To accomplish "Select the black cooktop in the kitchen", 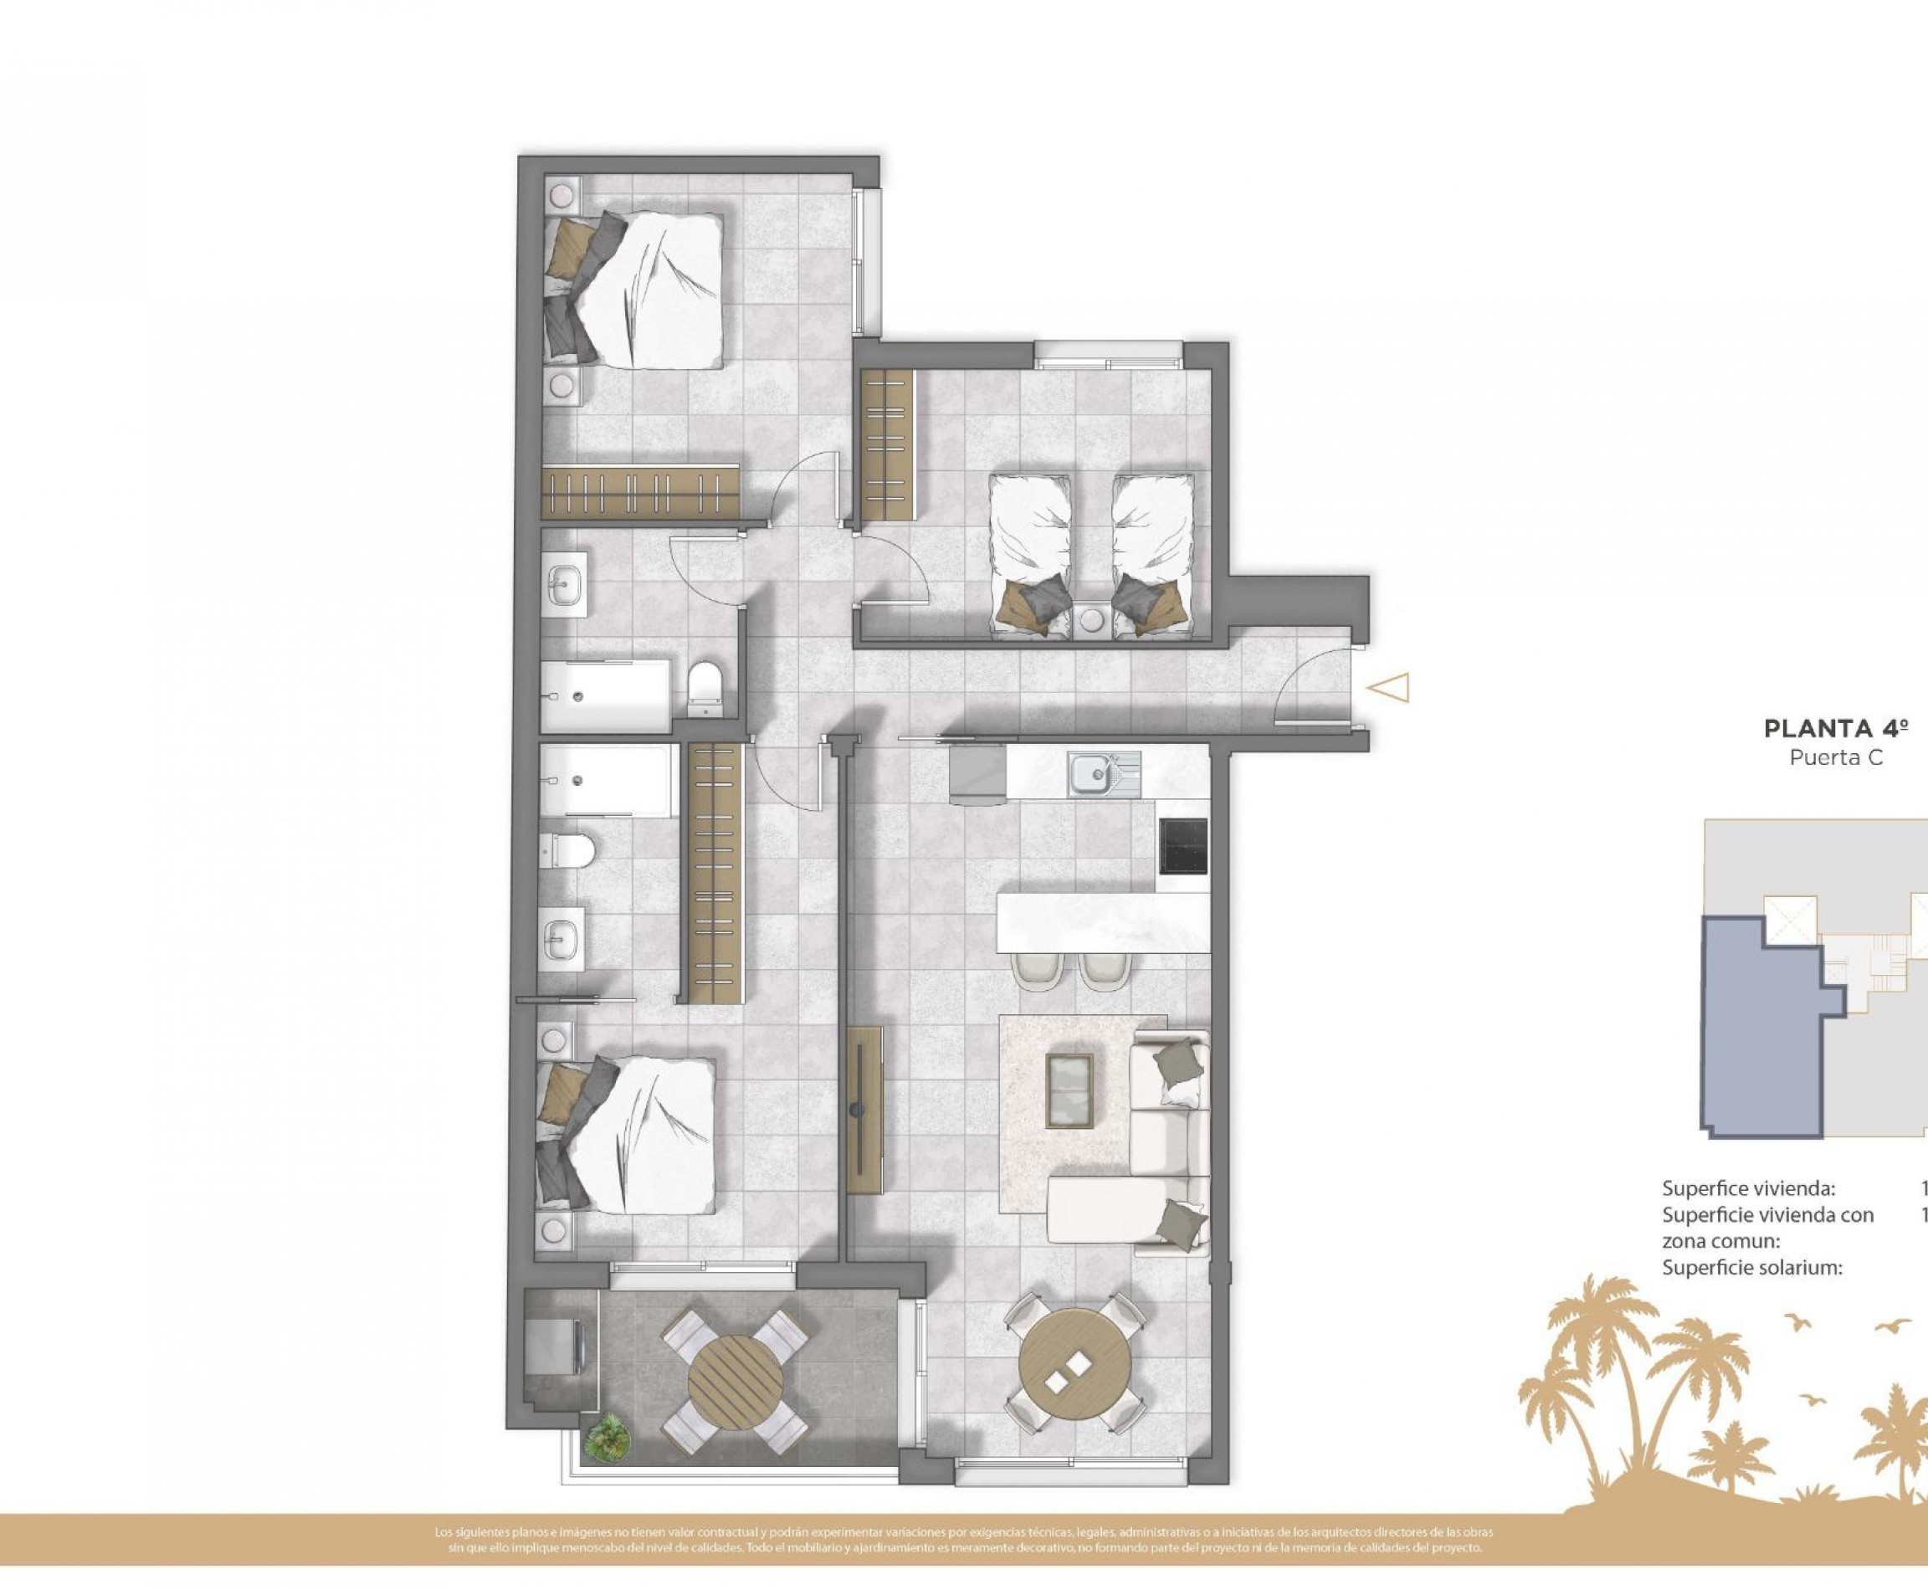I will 1183,844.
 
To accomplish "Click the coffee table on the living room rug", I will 1069,1090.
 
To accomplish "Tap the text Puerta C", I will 1835,758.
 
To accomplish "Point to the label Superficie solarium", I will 1751,1269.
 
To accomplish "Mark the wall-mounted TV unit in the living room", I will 864,1110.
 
